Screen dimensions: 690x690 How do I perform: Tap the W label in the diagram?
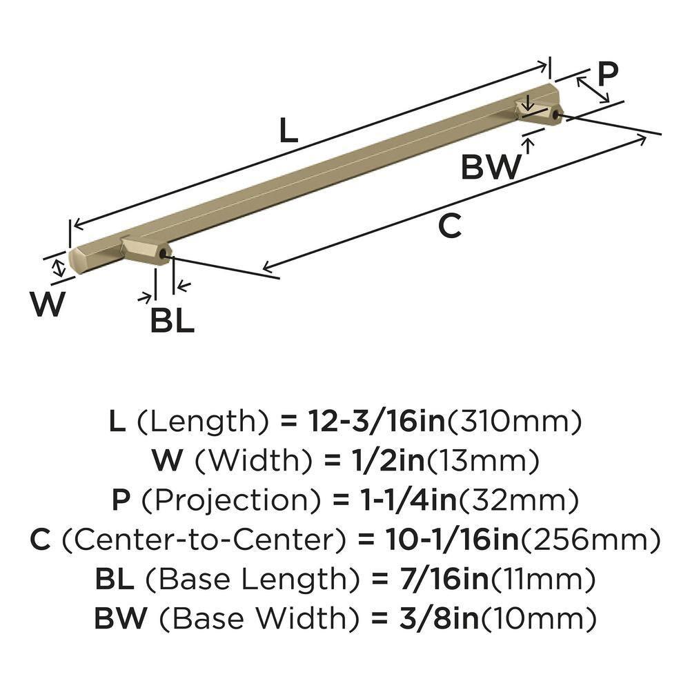click(x=48, y=304)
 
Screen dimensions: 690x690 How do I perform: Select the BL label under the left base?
click(x=172, y=321)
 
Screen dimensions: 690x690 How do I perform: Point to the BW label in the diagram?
click(x=491, y=167)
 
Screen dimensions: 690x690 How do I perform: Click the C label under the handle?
click(x=449, y=226)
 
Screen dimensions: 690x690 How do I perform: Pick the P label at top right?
click(x=607, y=73)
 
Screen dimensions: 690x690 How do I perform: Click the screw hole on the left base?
click(x=163, y=257)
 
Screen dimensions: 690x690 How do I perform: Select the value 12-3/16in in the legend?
click(x=366, y=420)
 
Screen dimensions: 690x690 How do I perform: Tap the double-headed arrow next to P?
click(x=593, y=90)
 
